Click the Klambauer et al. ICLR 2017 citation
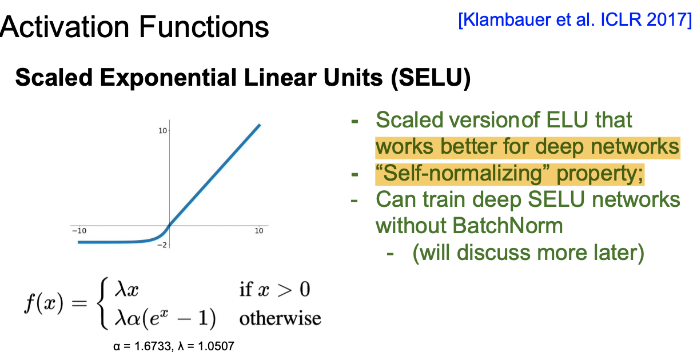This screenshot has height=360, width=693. coord(575,21)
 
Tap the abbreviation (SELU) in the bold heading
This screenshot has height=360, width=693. coord(431,78)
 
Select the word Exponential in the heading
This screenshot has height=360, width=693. coord(168,78)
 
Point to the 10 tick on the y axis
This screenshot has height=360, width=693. coord(163,131)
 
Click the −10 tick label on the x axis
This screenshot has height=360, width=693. coord(79,231)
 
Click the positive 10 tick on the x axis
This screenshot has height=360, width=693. coord(259,231)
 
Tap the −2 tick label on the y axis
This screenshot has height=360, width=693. coord(162,245)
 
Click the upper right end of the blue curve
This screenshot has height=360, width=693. coord(260,125)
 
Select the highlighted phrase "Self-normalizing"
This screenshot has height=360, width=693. coord(462,173)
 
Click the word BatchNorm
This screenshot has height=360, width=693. coord(508,226)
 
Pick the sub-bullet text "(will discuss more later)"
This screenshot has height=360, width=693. coord(528,253)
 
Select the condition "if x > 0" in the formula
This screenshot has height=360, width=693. coord(274,290)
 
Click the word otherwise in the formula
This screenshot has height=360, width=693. coord(280,318)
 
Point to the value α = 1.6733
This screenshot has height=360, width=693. coord(142,346)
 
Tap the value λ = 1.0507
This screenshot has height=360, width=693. coord(206,346)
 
